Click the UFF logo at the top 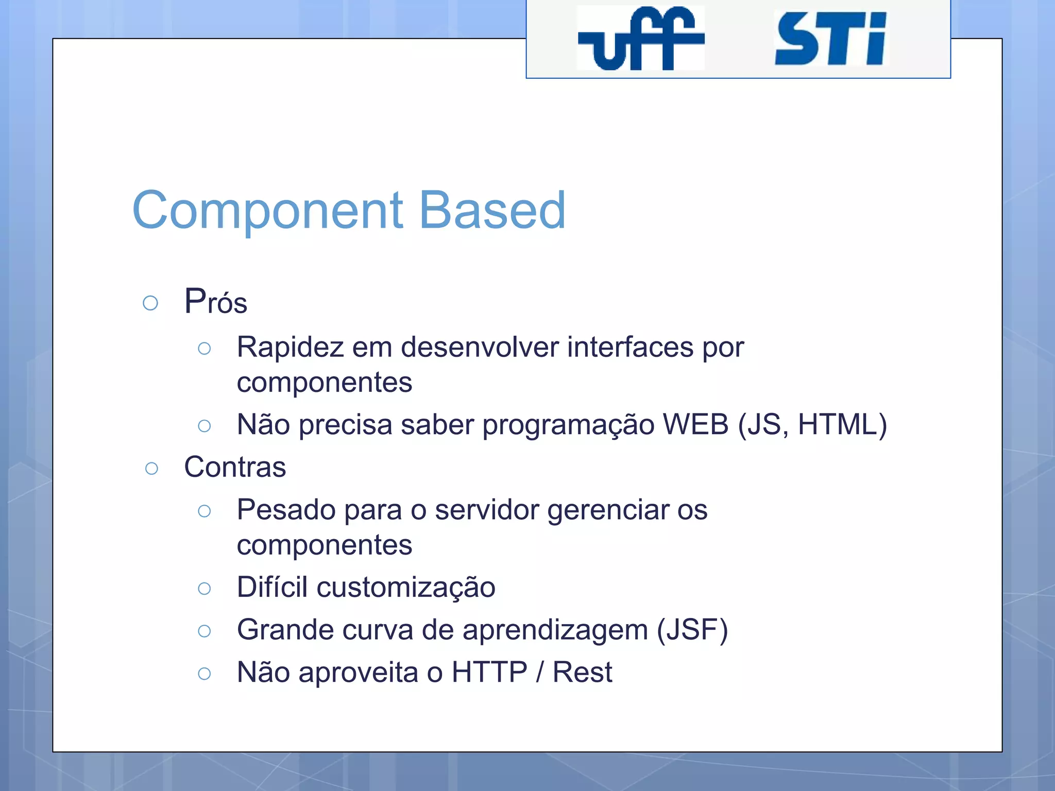click(x=640, y=39)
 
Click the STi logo click(x=830, y=39)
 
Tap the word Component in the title click(x=267, y=210)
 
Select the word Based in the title click(x=492, y=210)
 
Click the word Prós click(x=216, y=302)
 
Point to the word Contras click(x=235, y=467)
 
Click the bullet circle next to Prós click(x=150, y=303)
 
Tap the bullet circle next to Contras click(x=151, y=469)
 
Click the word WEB click(x=695, y=425)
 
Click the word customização click(x=406, y=588)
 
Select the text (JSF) click(x=692, y=630)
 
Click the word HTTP click(x=489, y=672)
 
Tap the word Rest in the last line click(x=582, y=672)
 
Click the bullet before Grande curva click(x=205, y=631)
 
